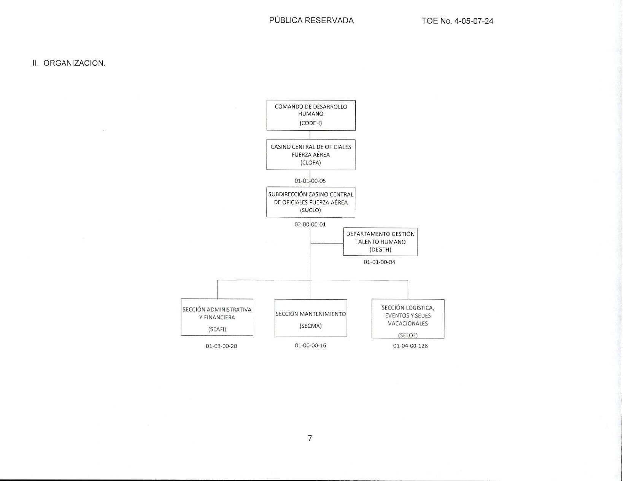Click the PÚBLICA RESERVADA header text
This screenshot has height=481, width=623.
click(311, 20)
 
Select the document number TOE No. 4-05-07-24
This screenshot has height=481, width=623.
click(457, 21)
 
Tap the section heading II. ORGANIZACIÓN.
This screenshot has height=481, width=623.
click(69, 63)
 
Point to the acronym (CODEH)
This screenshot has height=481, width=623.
click(311, 123)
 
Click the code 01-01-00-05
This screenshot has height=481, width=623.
click(310, 181)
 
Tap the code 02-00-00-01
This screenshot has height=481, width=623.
click(310, 224)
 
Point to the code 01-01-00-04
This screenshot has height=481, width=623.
click(379, 262)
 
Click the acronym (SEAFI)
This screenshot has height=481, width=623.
click(217, 329)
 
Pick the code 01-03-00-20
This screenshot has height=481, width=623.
click(221, 346)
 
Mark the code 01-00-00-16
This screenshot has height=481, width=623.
click(310, 346)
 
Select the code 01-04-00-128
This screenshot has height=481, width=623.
click(410, 346)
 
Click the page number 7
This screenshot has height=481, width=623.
click(310, 438)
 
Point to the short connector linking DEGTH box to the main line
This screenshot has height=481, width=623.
click(327, 243)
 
